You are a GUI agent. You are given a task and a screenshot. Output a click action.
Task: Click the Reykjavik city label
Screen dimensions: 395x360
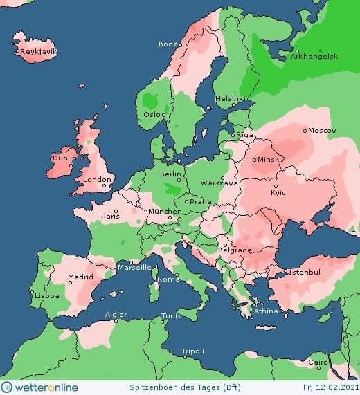pyautogui.click(x=39, y=51)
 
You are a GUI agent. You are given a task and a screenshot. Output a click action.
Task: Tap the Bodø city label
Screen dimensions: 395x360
pyautogui.click(x=168, y=44)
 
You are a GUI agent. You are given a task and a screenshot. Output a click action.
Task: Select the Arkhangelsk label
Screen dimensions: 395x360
pyautogui.click(x=318, y=57)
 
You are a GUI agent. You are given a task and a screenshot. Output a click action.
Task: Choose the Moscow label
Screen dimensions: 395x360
pyautogui.click(x=322, y=131)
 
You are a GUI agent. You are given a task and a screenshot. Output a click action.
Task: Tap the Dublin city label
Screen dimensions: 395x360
pyautogui.click(x=64, y=158)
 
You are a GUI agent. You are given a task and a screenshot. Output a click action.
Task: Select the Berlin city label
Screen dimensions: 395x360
pyautogui.click(x=170, y=174)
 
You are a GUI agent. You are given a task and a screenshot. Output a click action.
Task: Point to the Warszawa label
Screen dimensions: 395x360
pyautogui.click(x=219, y=183)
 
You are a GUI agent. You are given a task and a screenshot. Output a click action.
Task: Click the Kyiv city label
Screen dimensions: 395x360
pyautogui.click(x=278, y=192)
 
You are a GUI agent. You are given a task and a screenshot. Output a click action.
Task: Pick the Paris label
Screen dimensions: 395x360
pyautogui.click(x=111, y=216)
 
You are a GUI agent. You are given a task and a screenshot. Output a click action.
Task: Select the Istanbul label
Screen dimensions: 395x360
pyautogui.click(x=304, y=273)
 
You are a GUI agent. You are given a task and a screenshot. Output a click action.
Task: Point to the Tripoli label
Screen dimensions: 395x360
pyautogui.click(x=192, y=351)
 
